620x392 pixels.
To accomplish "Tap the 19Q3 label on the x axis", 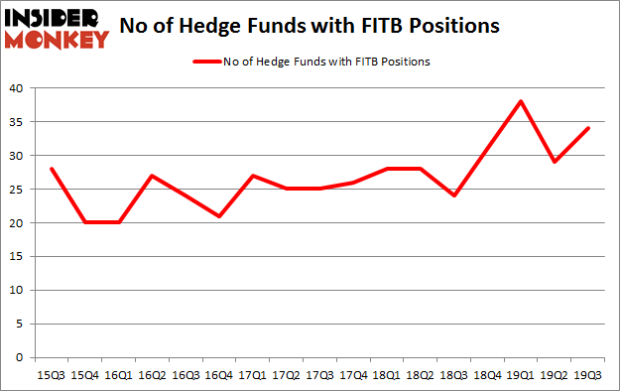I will click(x=589, y=375).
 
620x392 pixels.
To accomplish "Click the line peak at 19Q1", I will click(x=522, y=101).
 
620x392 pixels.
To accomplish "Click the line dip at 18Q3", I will click(x=454, y=196).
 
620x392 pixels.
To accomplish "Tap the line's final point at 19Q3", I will click(x=589, y=128).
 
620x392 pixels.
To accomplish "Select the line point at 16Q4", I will click(x=218, y=215).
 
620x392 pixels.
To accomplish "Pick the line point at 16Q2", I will click(x=151, y=176).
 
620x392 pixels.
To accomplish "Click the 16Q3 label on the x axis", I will click(x=185, y=375).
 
